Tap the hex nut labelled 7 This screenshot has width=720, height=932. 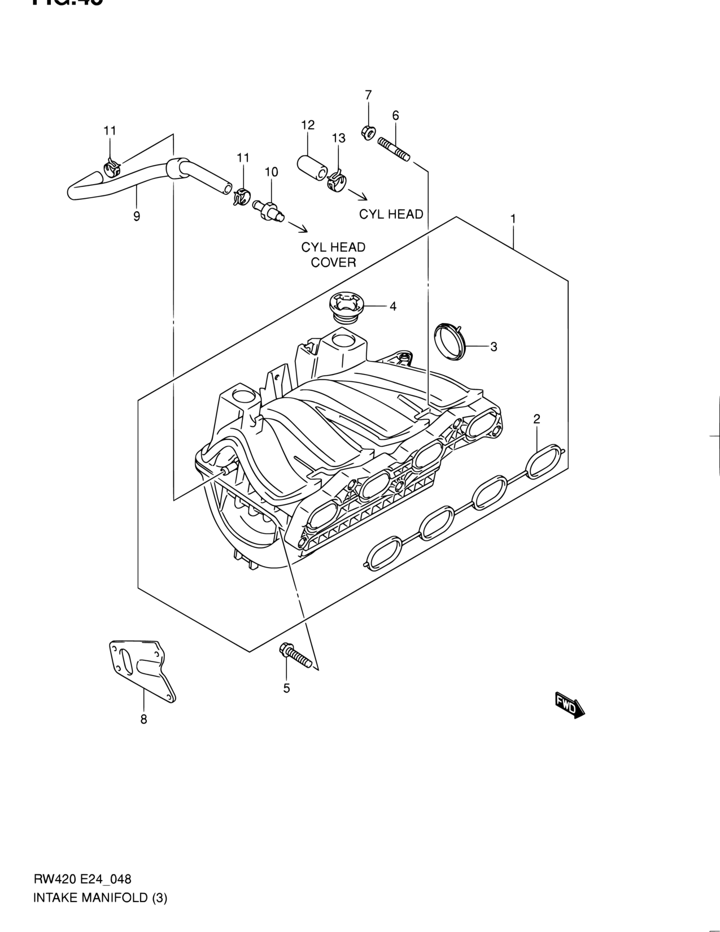click(366, 133)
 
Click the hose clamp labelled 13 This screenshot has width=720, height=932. click(338, 181)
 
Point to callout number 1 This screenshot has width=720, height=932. click(513, 218)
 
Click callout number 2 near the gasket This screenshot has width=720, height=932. click(536, 419)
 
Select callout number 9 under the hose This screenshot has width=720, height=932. click(137, 216)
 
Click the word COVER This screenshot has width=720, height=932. click(333, 262)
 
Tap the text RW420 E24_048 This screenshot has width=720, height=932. click(82, 879)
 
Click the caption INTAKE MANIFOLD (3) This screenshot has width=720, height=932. click(101, 898)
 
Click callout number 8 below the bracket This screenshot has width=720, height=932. click(143, 720)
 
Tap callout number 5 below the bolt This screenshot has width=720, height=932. click(286, 688)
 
